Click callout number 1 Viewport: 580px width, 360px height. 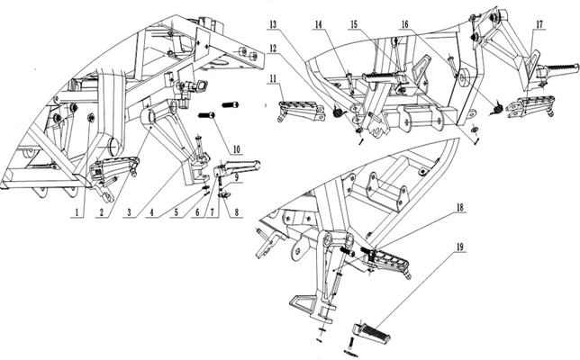coord(77,212)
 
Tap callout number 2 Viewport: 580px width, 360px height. coord(102,212)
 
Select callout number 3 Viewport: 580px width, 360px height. coord(129,212)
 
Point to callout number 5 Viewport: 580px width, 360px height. coord(177,212)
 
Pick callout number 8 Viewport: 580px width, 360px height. coord(237,212)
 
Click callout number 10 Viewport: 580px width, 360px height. coord(236,149)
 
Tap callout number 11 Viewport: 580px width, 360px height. coord(273,78)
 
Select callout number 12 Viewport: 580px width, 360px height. coord(273,49)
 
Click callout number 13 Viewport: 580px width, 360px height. coord(273,25)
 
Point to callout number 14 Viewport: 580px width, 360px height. coord(319,25)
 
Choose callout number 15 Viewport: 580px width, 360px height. coord(354,25)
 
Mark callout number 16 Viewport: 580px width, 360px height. coord(405,25)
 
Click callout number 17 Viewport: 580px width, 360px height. coord(539,24)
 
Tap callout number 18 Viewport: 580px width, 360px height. coord(460,207)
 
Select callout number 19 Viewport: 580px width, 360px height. coord(460,247)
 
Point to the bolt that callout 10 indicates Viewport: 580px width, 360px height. coord(206,115)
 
